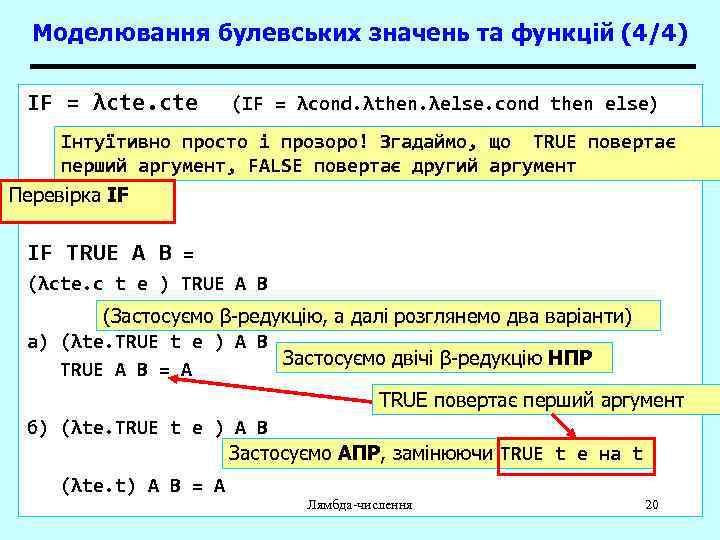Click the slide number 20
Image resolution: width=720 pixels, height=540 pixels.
click(x=652, y=504)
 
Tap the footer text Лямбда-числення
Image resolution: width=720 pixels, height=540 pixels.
click(x=360, y=504)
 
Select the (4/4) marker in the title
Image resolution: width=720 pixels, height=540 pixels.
click(x=654, y=33)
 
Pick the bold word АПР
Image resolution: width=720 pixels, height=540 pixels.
click(x=360, y=453)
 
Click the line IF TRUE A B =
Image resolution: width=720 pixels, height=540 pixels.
click(x=110, y=253)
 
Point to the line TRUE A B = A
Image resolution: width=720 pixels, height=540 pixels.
click(x=126, y=370)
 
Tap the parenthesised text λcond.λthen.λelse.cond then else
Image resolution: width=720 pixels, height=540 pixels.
click(x=445, y=104)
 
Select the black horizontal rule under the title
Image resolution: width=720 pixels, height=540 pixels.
click(x=360, y=67)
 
